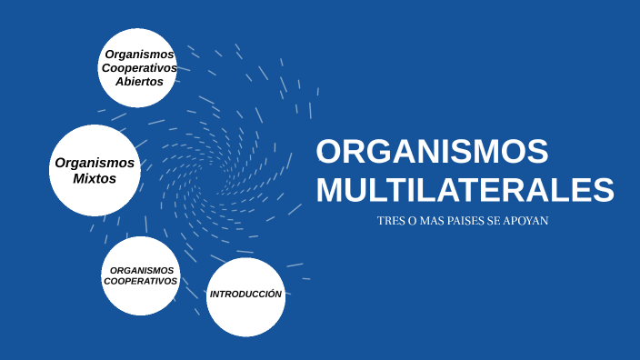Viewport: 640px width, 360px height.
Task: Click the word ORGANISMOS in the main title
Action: (x=432, y=151)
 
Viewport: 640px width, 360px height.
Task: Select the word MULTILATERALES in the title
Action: (x=465, y=190)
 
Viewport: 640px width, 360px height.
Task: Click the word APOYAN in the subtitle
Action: (x=529, y=222)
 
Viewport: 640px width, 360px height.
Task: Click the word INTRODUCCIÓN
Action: (x=245, y=294)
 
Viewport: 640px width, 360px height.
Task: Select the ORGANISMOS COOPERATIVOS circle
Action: (x=140, y=276)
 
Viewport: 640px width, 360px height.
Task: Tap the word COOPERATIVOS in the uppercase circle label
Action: (x=140, y=281)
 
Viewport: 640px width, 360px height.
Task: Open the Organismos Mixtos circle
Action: (x=95, y=170)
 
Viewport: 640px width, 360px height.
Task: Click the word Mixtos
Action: (x=95, y=179)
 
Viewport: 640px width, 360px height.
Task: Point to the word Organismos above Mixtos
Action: (x=95, y=163)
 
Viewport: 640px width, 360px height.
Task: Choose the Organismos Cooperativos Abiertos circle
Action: (x=137, y=67)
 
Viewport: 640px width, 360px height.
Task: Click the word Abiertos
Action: (x=139, y=81)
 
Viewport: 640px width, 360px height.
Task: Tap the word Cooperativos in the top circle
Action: (x=139, y=68)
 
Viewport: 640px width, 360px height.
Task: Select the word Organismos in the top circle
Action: (x=139, y=55)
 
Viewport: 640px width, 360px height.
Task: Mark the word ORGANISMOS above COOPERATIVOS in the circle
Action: (x=141, y=270)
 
